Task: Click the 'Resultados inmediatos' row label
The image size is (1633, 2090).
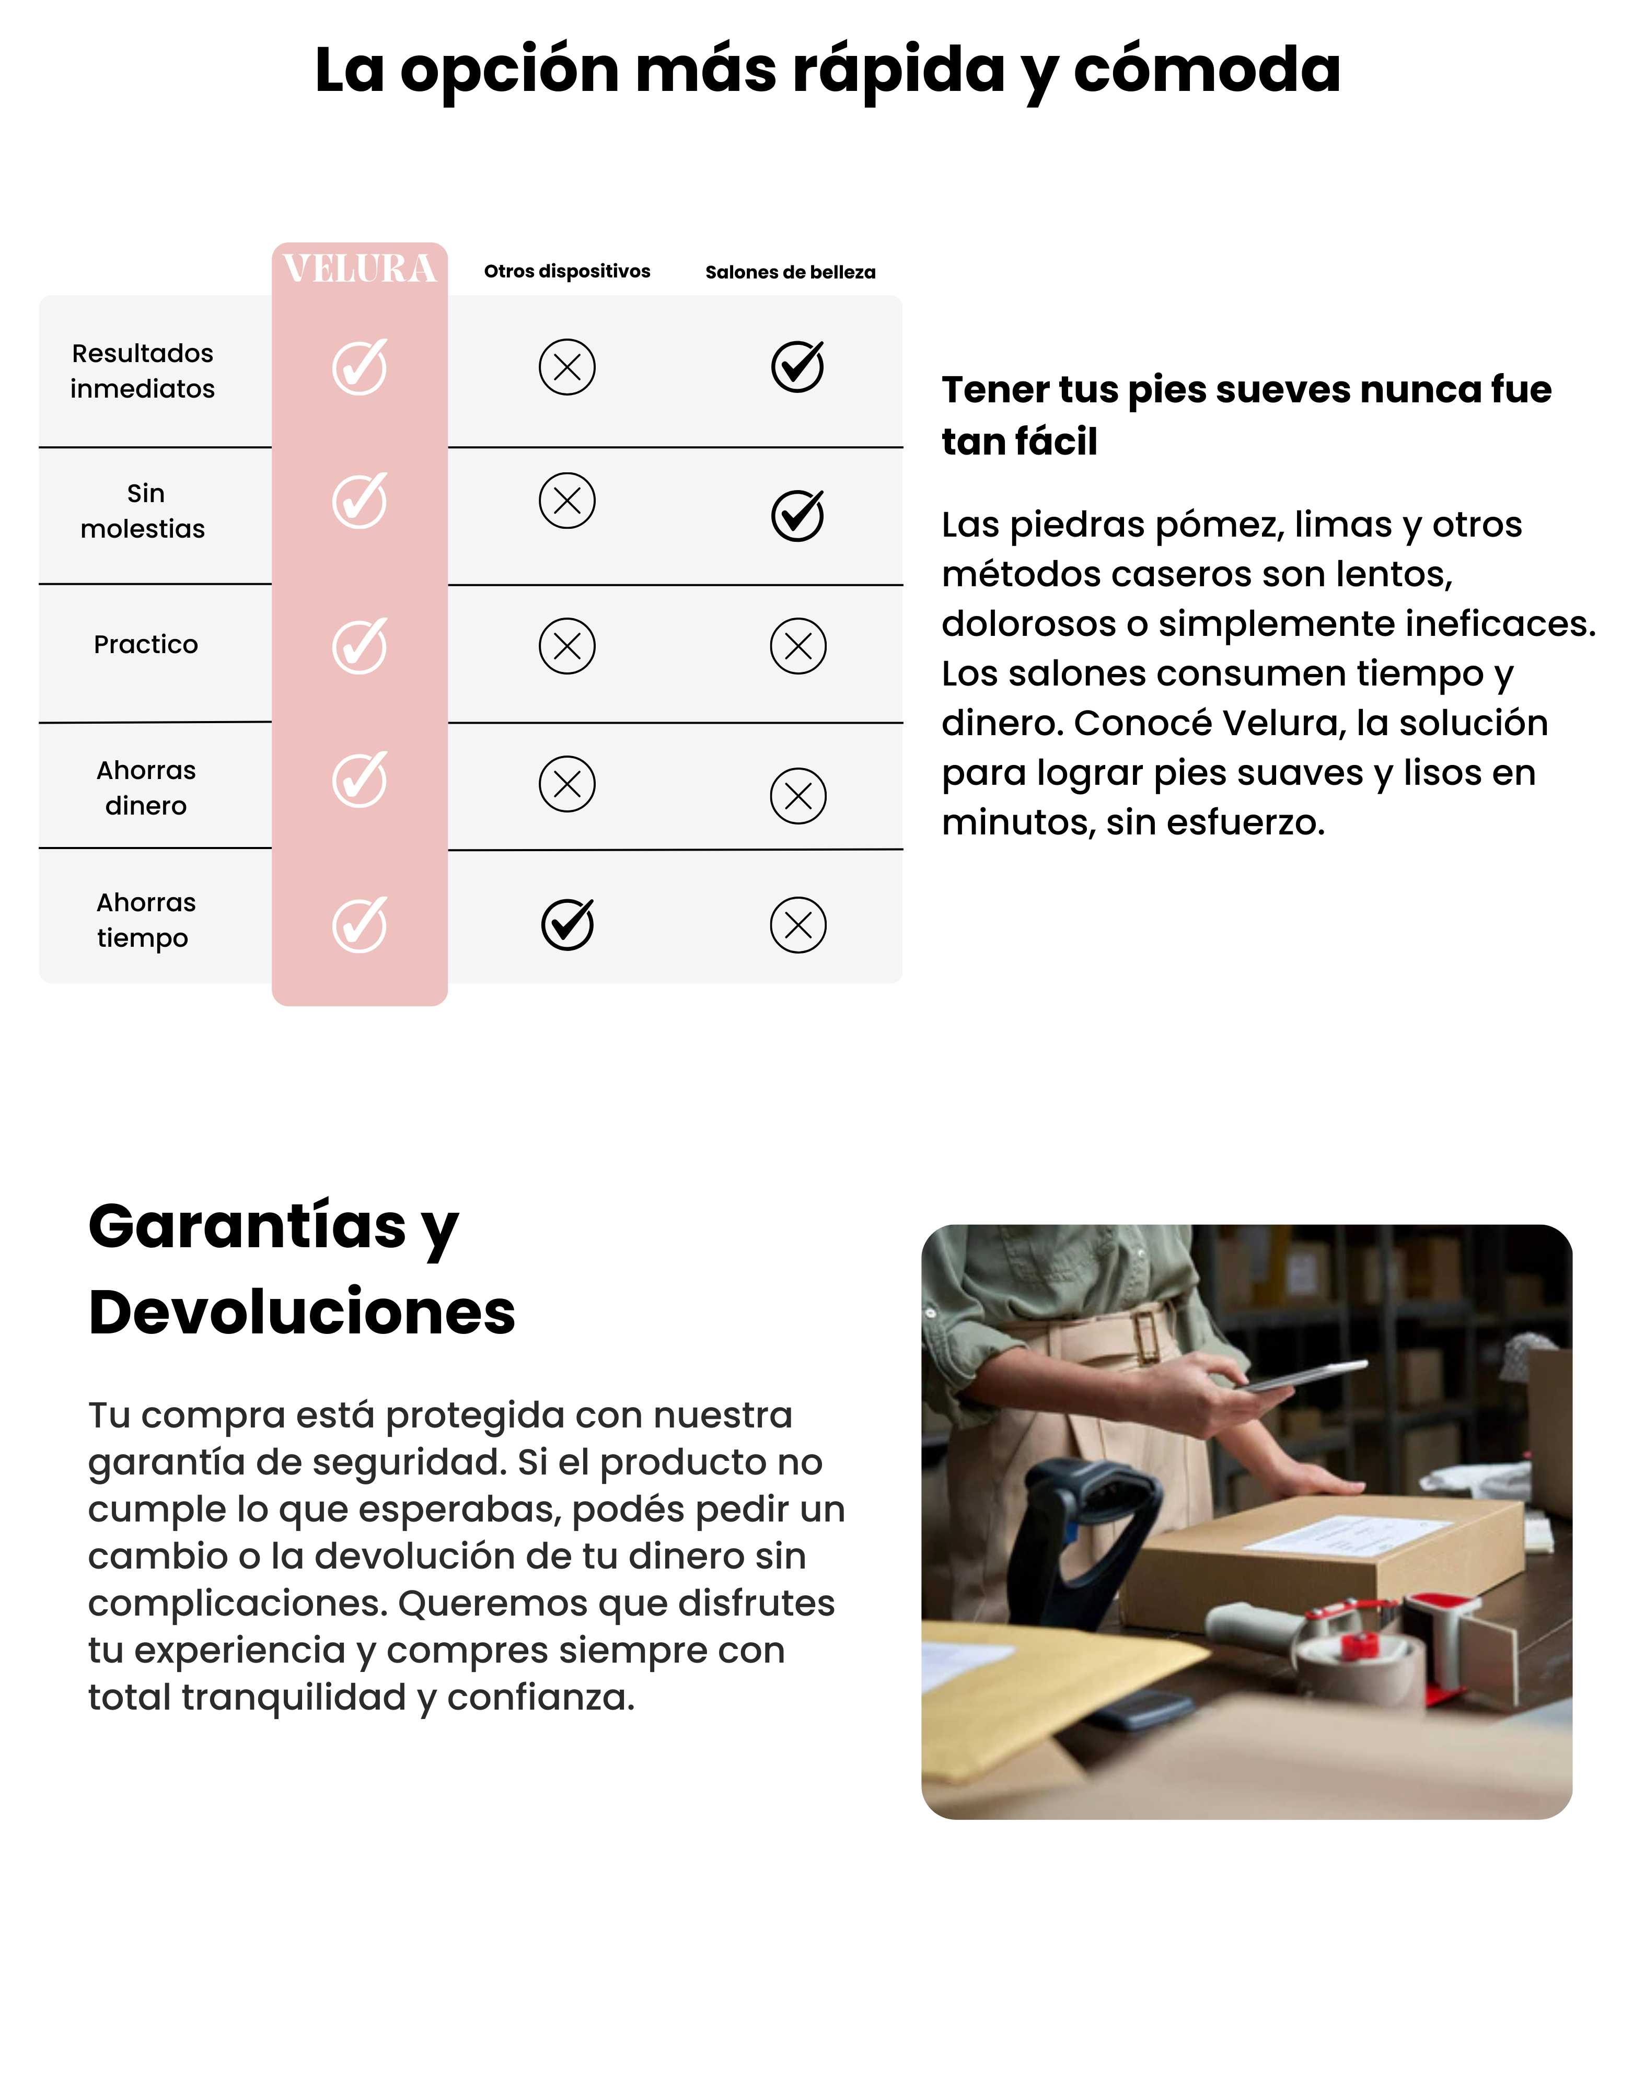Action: [143, 370]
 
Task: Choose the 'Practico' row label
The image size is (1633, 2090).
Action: [145, 644]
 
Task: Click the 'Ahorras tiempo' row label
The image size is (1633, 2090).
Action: [145, 920]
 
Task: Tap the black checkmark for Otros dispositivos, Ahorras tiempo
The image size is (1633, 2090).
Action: [568, 924]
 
